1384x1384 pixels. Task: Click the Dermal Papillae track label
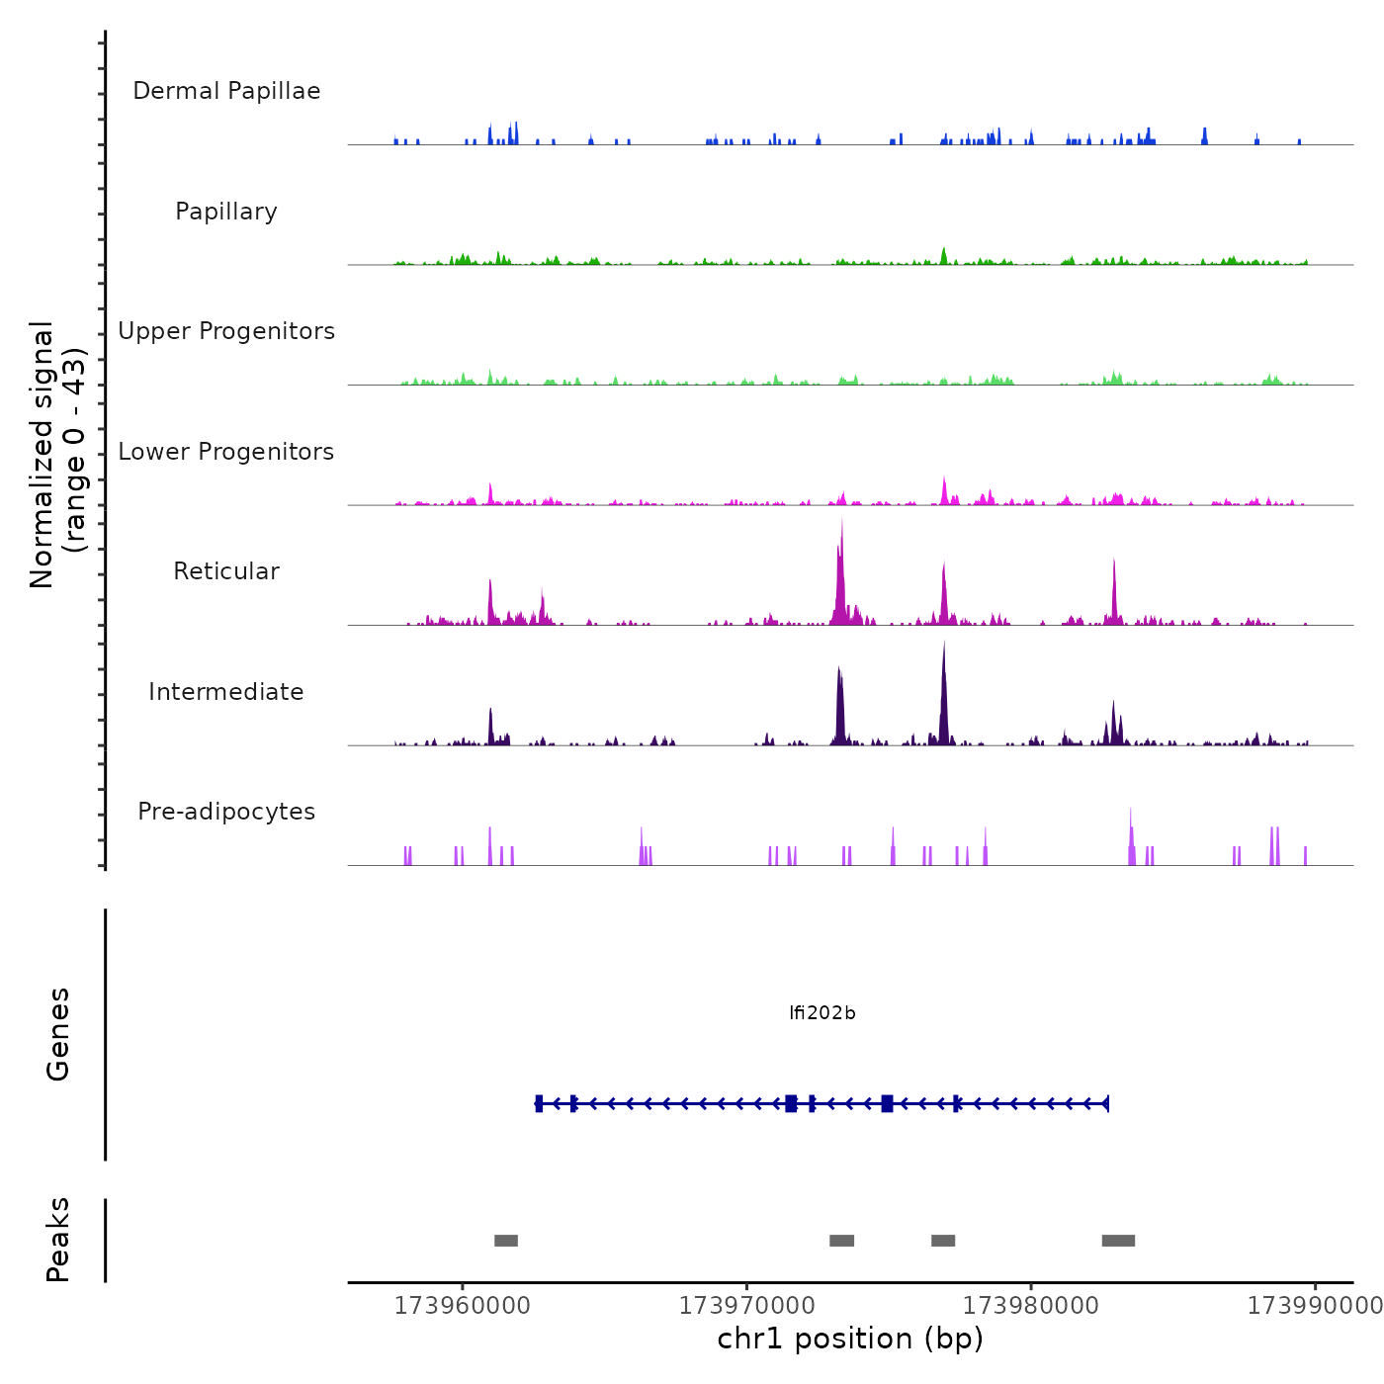pyautogui.click(x=226, y=91)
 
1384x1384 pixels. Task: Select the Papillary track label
pyautogui.click(x=226, y=212)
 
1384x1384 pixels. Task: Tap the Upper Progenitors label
pyautogui.click(x=226, y=331)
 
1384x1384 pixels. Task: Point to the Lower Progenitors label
pyautogui.click(x=226, y=452)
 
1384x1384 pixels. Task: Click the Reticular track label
pyautogui.click(x=226, y=571)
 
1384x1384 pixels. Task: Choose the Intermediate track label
pyautogui.click(x=226, y=692)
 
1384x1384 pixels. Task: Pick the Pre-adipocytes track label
pyautogui.click(x=226, y=812)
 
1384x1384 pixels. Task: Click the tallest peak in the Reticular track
pyautogui.click(x=842, y=524)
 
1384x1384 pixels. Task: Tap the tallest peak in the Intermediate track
pyautogui.click(x=944, y=648)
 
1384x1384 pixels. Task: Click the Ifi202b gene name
pyautogui.click(x=822, y=1013)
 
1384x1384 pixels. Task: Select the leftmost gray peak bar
pyautogui.click(x=506, y=1241)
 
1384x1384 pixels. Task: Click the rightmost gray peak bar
pyautogui.click(x=1118, y=1241)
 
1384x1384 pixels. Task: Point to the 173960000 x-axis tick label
pyautogui.click(x=462, y=1306)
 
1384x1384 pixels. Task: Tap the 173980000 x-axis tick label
pyautogui.click(x=1031, y=1306)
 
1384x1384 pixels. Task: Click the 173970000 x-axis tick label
pyautogui.click(x=746, y=1306)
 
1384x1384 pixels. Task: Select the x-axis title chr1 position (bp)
pyautogui.click(x=850, y=1339)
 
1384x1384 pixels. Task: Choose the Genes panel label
pyautogui.click(x=58, y=1034)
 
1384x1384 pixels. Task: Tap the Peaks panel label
pyautogui.click(x=58, y=1240)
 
